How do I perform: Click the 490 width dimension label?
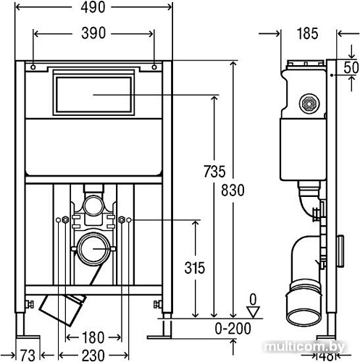(93, 7)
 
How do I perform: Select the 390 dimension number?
(93, 33)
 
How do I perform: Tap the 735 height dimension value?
(214, 171)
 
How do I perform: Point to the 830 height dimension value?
(233, 190)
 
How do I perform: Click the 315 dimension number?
(195, 268)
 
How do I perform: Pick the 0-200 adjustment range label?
(233, 328)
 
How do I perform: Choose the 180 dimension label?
(93, 337)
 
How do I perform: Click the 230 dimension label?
(93, 355)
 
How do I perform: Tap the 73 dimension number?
(28, 355)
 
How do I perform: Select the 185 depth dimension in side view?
(307, 33)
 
